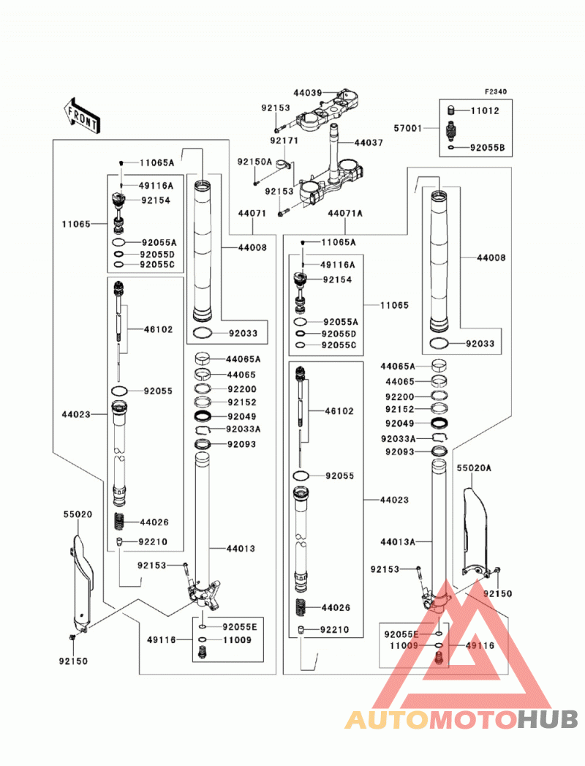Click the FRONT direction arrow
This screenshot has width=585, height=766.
pyautogui.click(x=82, y=116)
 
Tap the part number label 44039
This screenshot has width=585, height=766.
pyautogui.click(x=308, y=93)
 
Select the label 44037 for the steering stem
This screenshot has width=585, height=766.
pyautogui.click(x=369, y=143)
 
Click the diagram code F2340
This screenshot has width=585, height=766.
pyautogui.click(x=496, y=91)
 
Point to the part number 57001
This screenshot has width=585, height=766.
pyautogui.click(x=408, y=128)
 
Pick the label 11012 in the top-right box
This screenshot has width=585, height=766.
pyautogui.click(x=485, y=110)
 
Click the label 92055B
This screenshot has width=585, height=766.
pyautogui.click(x=487, y=148)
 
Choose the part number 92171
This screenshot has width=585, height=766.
pyautogui.click(x=284, y=140)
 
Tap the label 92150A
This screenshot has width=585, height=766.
pyautogui.click(x=254, y=162)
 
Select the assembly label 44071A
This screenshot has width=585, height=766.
pyautogui.click(x=345, y=214)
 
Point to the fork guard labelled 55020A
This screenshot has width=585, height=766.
pyautogui.click(x=475, y=530)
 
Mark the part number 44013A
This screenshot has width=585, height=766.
pyautogui.click(x=398, y=542)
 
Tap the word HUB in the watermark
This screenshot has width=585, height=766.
pyautogui.click(x=548, y=719)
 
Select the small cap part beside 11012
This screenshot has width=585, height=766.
pyautogui.click(x=451, y=110)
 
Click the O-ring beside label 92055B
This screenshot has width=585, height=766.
pyautogui.click(x=452, y=148)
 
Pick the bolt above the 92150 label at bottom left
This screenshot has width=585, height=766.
pyautogui.click(x=72, y=637)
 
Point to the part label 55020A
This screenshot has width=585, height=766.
pyautogui.click(x=474, y=468)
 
